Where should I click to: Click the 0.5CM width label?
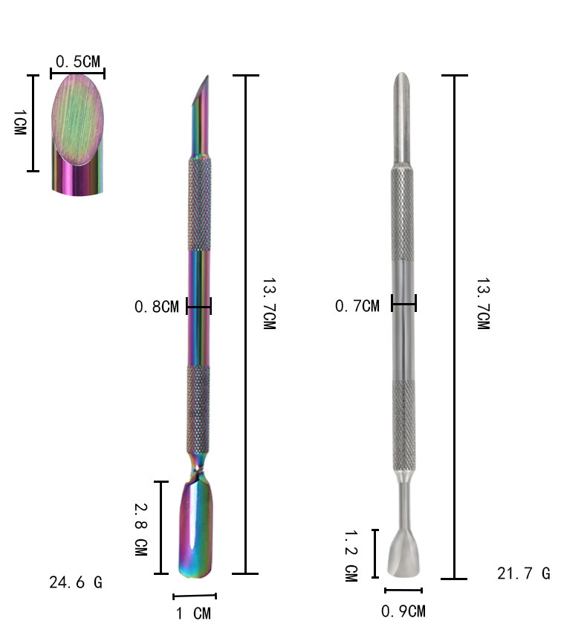pos(77,62)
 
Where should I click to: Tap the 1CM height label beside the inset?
pos(20,122)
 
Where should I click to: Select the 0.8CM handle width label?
pos(157,307)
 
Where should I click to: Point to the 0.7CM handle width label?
pos(357,306)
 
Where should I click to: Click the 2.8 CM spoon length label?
pos(141,530)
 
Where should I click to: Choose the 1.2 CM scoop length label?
pos(351,556)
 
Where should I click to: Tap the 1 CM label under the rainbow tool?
pos(193,614)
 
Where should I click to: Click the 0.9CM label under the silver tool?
pos(403,611)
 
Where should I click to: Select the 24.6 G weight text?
pos(76,582)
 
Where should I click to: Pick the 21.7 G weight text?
pos(524,573)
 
